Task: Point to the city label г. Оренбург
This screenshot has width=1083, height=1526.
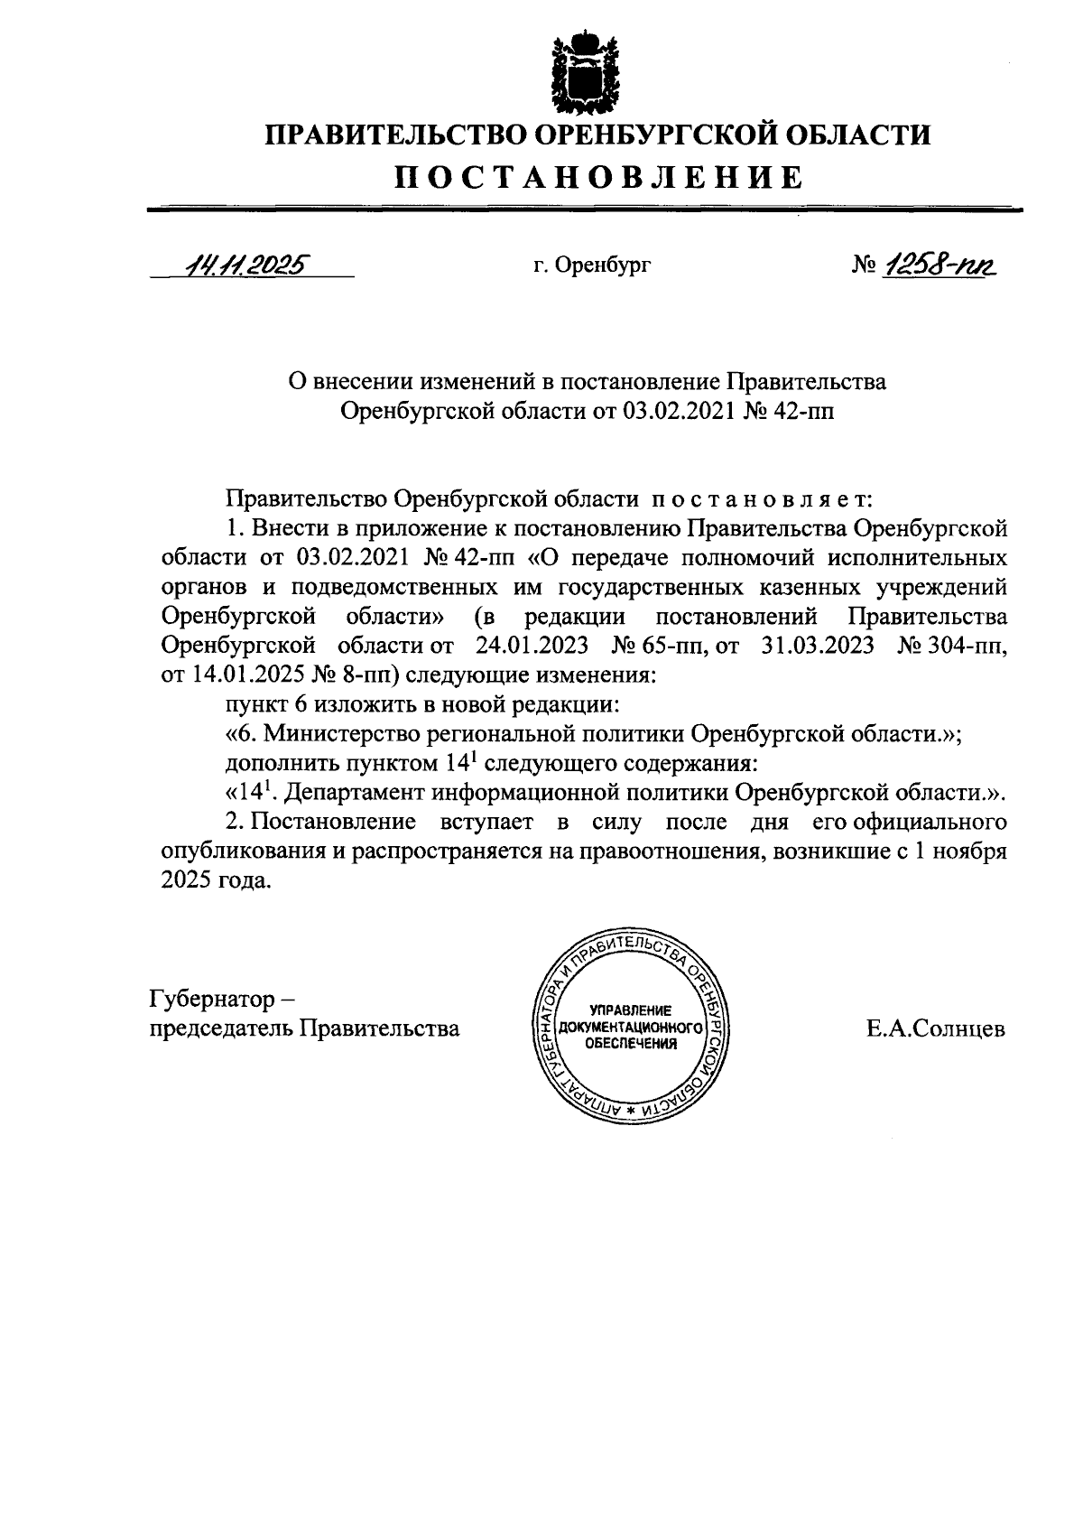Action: (x=591, y=265)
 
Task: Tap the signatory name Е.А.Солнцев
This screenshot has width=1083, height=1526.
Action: (x=936, y=1028)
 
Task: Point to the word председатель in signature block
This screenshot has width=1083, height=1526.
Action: (x=219, y=1028)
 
